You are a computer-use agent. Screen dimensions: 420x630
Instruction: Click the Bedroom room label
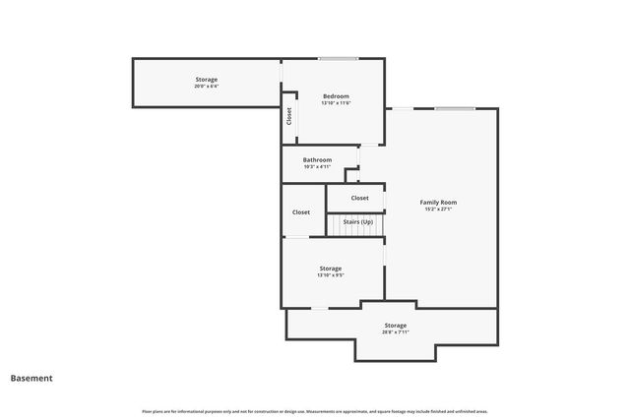pyautogui.click(x=336, y=96)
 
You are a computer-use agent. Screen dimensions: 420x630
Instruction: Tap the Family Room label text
pyautogui.click(x=438, y=202)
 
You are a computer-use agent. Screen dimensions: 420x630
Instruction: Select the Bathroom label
pyautogui.click(x=317, y=159)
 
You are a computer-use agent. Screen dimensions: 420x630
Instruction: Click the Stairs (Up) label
pyautogui.click(x=357, y=222)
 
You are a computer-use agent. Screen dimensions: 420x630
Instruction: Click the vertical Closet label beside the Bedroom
pyautogui.click(x=289, y=115)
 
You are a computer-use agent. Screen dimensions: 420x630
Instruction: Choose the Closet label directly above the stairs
pyautogui.click(x=360, y=198)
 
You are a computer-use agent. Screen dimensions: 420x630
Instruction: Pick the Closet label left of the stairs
pyautogui.click(x=301, y=211)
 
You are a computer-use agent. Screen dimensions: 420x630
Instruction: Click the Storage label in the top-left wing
pyautogui.click(x=206, y=79)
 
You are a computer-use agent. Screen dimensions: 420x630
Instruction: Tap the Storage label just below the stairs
pyautogui.click(x=330, y=268)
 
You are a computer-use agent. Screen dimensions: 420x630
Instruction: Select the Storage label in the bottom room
pyautogui.click(x=395, y=325)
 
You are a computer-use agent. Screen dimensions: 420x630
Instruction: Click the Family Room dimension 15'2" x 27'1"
pyautogui.click(x=438, y=210)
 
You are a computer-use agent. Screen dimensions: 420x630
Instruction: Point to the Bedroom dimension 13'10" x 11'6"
pyautogui.click(x=336, y=103)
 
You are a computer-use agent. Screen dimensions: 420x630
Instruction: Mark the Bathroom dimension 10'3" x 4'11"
pyautogui.click(x=317, y=166)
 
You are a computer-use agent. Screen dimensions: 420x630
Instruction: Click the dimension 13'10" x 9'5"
pyautogui.click(x=330, y=275)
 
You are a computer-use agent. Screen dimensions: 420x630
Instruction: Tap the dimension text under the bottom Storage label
pyautogui.click(x=395, y=332)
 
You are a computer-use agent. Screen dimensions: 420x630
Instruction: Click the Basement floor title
pyautogui.click(x=31, y=378)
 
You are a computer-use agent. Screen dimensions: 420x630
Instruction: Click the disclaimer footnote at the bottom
pyautogui.click(x=315, y=411)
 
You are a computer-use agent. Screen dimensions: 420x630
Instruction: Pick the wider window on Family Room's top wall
pyautogui.click(x=455, y=108)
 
